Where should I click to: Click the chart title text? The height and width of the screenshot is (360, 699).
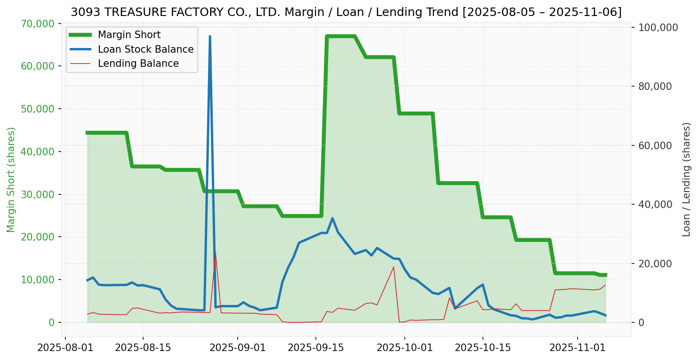pos(346,12)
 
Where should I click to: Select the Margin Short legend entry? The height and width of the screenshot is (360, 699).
pos(129,35)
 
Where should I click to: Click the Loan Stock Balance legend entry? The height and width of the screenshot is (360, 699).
pos(145,49)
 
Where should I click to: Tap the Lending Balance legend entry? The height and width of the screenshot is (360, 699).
pos(138,64)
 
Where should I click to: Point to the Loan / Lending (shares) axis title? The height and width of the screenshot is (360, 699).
pos(686,179)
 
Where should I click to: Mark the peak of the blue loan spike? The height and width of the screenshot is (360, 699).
pos(210,36)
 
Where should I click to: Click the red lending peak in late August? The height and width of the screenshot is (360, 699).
pos(216,253)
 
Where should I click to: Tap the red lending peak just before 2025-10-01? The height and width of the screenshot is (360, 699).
pos(394,267)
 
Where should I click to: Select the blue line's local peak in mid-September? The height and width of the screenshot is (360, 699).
pos(332,218)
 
